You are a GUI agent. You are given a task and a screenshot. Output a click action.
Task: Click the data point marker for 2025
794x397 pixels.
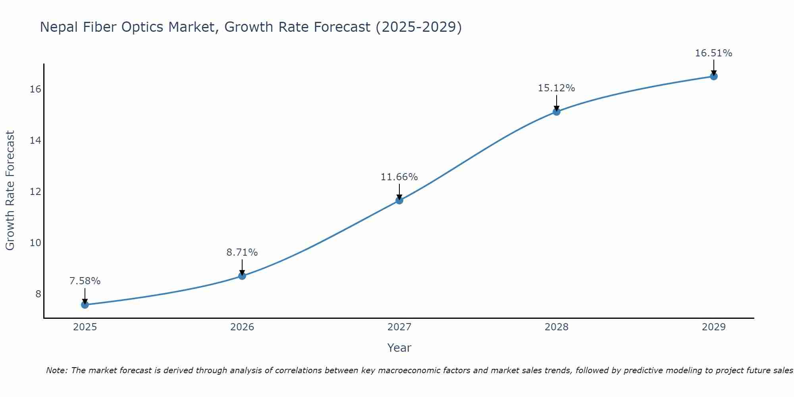coord(85,304)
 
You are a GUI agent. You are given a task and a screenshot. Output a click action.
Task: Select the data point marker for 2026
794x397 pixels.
coord(242,276)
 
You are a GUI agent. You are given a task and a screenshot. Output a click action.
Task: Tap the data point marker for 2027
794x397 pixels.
coord(399,200)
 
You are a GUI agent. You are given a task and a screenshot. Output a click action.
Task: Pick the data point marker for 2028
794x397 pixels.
coord(557,112)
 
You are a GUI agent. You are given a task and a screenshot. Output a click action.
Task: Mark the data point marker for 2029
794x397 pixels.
coord(714,76)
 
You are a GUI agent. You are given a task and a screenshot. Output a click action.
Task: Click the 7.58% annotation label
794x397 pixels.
coord(85,281)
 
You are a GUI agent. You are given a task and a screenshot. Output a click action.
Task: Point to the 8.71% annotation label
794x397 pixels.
coord(242,252)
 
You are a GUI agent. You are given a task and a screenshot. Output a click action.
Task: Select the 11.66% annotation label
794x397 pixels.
coord(399,177)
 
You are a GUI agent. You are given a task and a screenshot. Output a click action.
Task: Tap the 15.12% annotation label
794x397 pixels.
coord(557,88)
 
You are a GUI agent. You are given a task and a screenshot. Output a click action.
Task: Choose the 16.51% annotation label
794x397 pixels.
coord(714,53)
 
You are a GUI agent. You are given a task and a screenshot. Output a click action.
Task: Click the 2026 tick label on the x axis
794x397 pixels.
coord(242,327)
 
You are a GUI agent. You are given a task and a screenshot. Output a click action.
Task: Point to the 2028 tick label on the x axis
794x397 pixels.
coord(557,327)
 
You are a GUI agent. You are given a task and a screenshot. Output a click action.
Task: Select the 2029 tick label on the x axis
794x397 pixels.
coord(714,327)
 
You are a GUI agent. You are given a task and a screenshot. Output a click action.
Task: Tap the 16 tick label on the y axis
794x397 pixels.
coord(35,89)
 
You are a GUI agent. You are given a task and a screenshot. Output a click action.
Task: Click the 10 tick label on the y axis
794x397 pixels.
coord(35,243)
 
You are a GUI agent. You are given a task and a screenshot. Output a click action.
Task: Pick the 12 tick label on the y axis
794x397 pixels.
coord(35,191)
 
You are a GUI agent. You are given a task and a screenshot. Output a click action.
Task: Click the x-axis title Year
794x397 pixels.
coord(399,348)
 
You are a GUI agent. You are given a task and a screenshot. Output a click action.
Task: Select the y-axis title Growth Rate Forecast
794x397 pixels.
coord(10,191)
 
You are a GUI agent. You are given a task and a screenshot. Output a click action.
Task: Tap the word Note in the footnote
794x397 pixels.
coord(56,370)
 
